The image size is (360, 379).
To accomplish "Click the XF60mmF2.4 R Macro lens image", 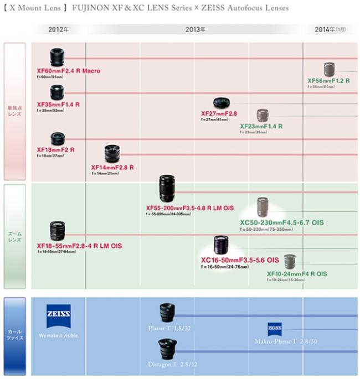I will (x=58, y=58).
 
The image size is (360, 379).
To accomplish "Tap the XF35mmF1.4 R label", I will (x=58, y=104).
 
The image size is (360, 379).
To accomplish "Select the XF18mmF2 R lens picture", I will (x=58, y=139).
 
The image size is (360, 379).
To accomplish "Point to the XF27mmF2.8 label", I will (x=219, y=113).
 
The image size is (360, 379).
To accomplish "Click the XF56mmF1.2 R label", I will (x=328, y=81).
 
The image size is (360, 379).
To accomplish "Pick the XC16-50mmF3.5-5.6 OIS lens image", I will (x=225, y=245).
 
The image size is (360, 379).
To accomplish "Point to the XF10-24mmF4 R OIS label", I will (x=296, y=274).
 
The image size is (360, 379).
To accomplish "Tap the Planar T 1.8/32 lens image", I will (x=167, y=313).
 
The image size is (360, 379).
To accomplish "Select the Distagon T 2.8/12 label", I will (x=171, y=365).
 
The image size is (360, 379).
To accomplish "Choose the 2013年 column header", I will (x=194, y=29).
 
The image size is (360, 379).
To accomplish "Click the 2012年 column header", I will (x=58, y=29).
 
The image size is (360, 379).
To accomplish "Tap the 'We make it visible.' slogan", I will (x=59, y=336).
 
